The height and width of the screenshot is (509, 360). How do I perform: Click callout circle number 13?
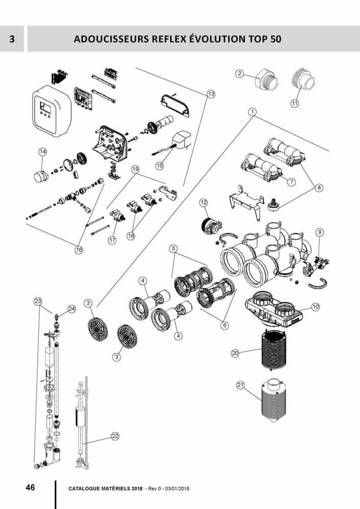pos(211,94)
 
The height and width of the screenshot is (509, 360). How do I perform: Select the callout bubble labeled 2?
pos(239,74)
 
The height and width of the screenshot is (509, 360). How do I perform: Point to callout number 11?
pos(295,103)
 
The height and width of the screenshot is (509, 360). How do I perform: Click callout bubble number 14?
pos(43,152)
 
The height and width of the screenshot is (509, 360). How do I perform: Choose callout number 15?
pos(160,165)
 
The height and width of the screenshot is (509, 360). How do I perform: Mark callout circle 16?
pos(79,250)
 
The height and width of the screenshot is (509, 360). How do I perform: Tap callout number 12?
pos(204,203)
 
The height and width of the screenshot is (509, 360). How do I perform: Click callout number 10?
pos(315,307)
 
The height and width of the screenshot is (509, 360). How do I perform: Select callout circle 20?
pos(235,353)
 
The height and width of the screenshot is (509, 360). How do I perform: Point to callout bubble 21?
pos(241,385)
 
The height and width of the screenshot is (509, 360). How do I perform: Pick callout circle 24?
pos(71,309)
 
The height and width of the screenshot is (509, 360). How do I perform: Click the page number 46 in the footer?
pos(30,487)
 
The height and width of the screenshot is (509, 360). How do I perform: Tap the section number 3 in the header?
pos(12,39)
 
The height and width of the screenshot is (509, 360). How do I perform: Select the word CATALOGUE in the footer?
pos(86,489)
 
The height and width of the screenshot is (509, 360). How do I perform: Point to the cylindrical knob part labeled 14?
pos(40,177)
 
